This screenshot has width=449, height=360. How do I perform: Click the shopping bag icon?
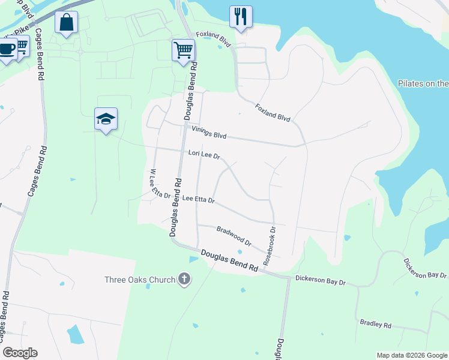(x=67, y=23)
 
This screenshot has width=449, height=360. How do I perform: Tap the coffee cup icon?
(x=7, y=49)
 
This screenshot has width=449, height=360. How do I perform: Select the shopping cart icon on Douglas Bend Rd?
(x=183, y=50)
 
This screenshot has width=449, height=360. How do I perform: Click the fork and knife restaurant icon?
(x=241, y=17)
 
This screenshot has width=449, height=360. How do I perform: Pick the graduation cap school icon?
(x=106, y=119)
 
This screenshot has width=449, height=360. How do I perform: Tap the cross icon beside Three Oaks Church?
(x=184, y=279)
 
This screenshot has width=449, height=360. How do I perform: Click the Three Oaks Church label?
(x=140, y=280)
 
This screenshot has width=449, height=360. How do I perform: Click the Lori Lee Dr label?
(x=205, y=155)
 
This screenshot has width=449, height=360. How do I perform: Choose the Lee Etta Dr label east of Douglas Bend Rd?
(x=198, y=199)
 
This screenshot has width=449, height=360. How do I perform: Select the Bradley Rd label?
(x=376, y=325)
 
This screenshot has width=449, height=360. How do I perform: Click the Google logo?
(x=20, y=353)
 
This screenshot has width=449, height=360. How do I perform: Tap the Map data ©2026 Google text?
(x=411, y=355)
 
